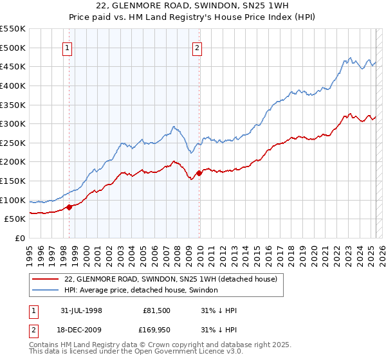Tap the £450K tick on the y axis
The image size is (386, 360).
[14, 66]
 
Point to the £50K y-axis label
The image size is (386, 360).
[16, 219]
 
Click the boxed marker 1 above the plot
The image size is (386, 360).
[68, 47]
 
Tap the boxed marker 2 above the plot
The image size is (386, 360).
[197, 47]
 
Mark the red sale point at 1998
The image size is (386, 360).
[69, 206]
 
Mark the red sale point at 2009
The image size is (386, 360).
[199, 173]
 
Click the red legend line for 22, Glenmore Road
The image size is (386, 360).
[46, 279]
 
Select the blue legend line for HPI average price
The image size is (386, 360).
[46, 290]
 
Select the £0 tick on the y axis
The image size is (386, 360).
[20, 238]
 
